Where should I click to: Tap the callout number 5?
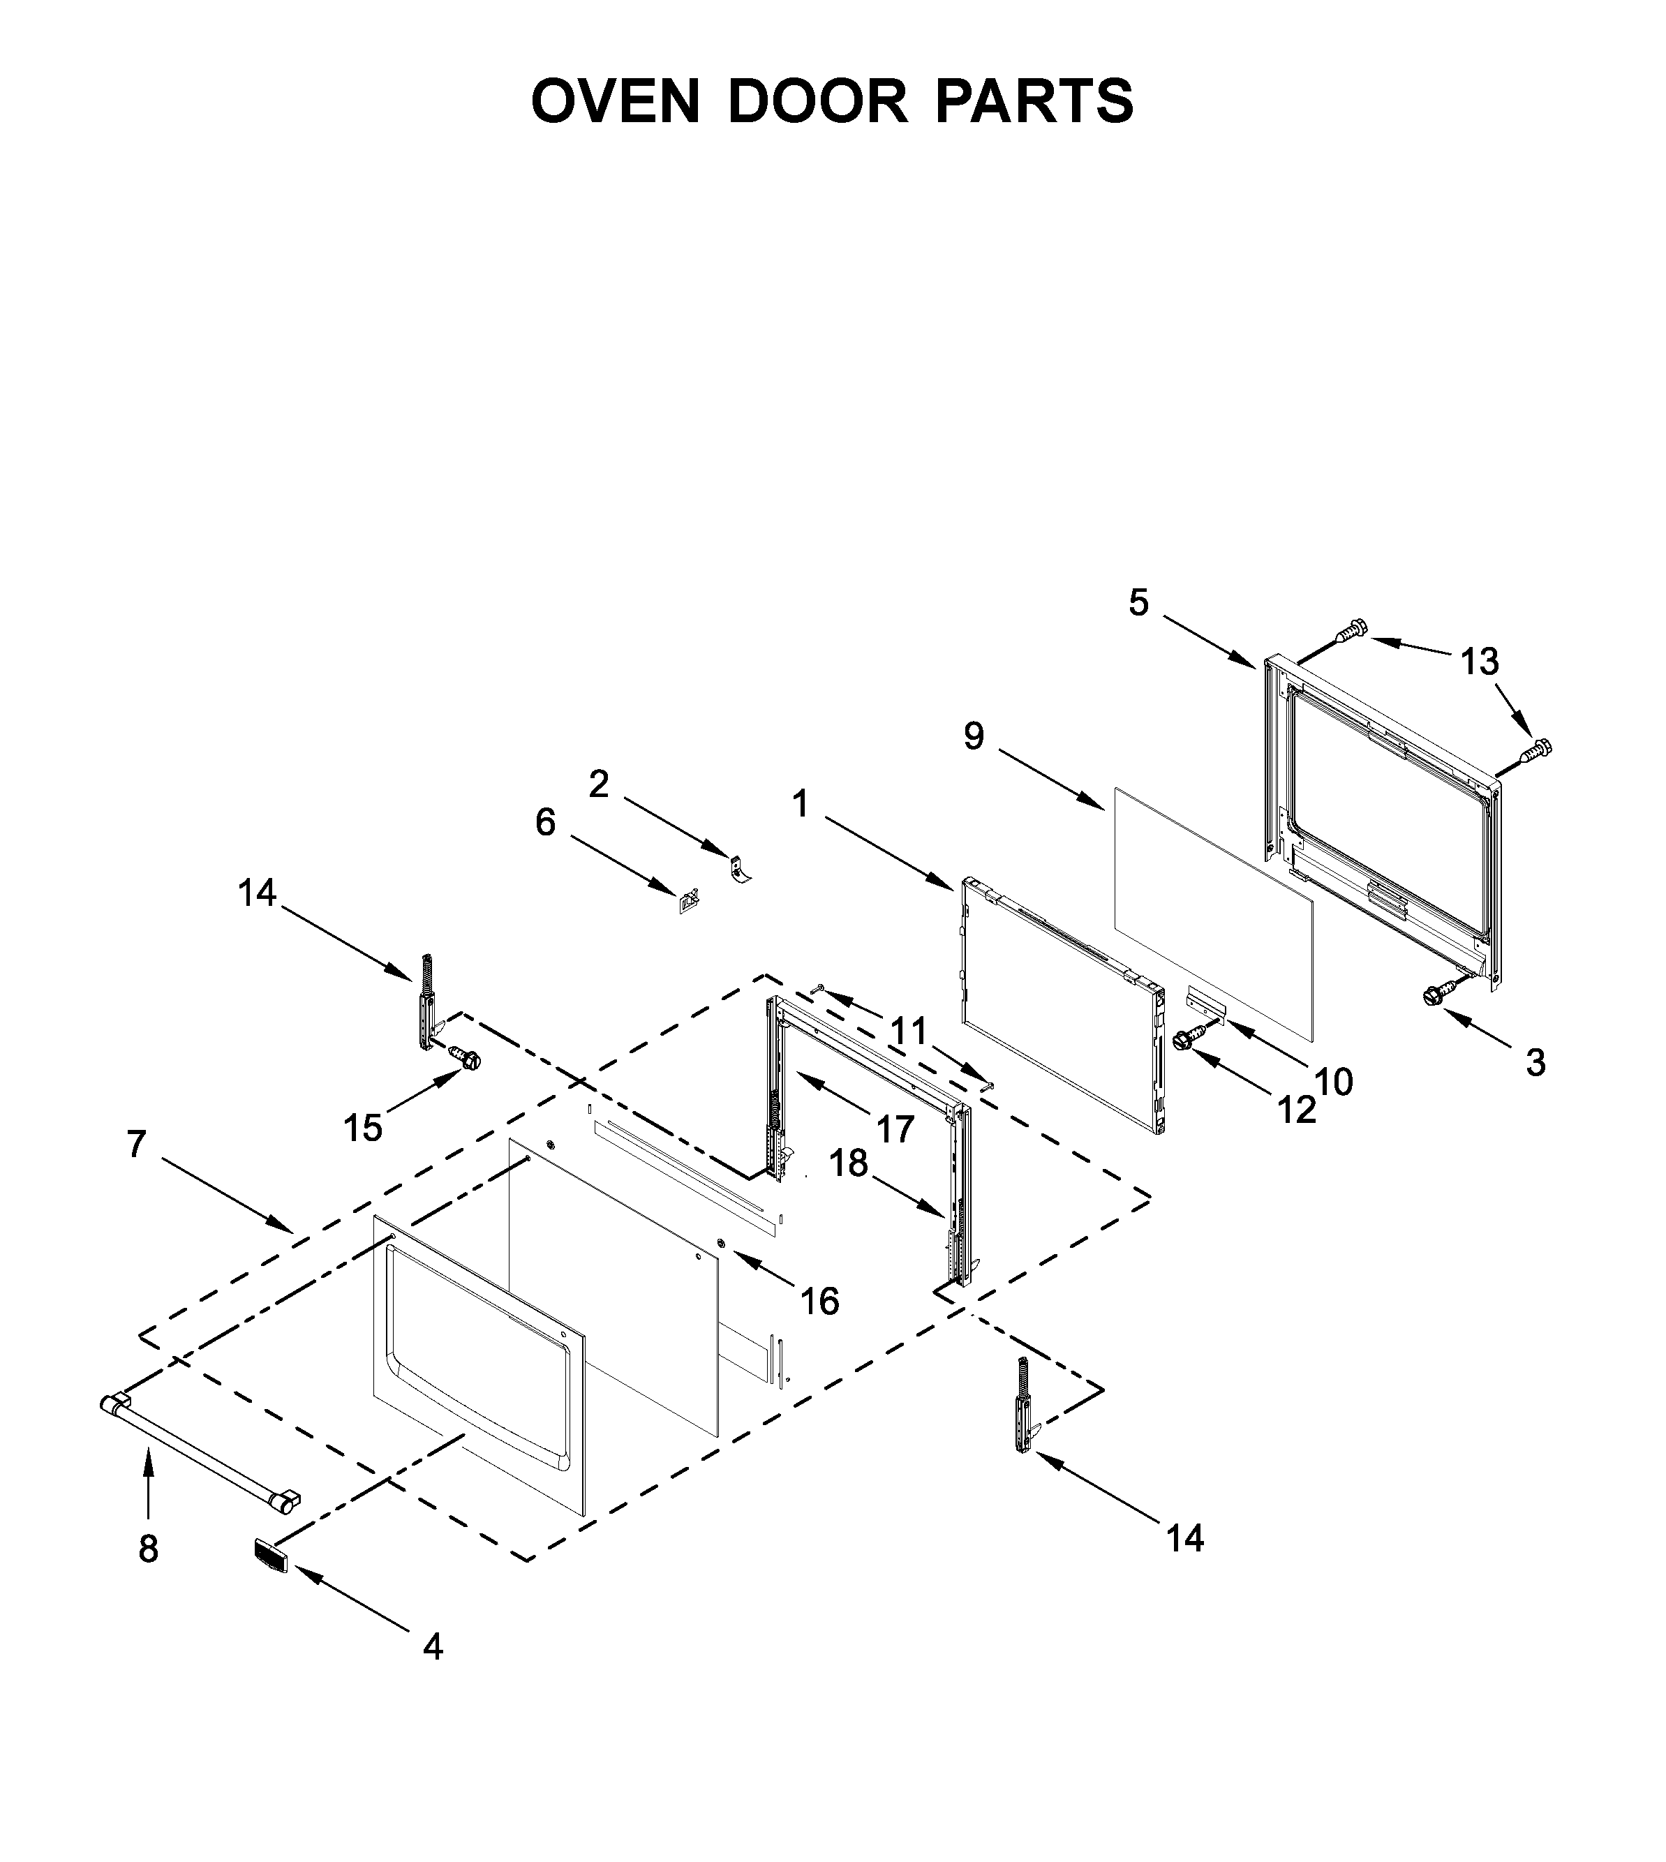tap(1138, 603)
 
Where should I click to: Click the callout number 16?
tap(819, 1301)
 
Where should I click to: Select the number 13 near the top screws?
tap(1479, 662)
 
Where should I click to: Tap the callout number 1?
tap(800, 805)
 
